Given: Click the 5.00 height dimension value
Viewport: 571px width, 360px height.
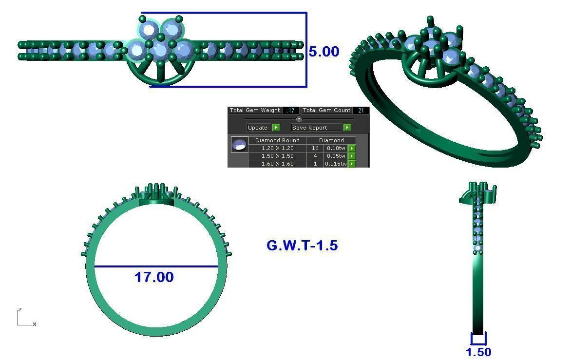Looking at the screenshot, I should (324, 52).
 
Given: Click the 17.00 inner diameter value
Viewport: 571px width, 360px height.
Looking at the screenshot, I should (154, 277).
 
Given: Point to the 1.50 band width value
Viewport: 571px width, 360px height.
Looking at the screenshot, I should (478, 352).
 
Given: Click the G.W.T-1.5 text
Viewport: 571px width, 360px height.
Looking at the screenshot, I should (302, 246).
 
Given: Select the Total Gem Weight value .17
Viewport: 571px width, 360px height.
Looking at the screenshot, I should (290, 111).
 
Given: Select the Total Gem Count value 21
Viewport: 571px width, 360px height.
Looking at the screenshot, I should (361, 111).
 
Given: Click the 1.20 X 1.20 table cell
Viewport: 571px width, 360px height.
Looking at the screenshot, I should (277, 148).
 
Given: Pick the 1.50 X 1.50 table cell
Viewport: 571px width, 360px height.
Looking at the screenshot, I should (277, 156).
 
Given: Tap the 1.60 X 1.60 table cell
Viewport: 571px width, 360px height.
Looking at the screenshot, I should (277, 164).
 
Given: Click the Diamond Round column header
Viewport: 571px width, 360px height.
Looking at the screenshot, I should (277, 140).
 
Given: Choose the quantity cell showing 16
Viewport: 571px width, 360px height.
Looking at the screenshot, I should (315, 148).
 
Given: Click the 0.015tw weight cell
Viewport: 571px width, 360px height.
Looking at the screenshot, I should (336, 164).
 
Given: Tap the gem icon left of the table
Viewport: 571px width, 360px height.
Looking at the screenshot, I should (239, 145).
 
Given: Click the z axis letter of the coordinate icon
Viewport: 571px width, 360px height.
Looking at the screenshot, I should (20, 309).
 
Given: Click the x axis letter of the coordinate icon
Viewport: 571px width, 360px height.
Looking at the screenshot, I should (35, 324).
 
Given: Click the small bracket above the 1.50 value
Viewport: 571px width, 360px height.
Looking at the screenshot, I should (478, 339).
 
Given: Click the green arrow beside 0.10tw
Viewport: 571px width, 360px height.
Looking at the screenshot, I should (352, 148).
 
